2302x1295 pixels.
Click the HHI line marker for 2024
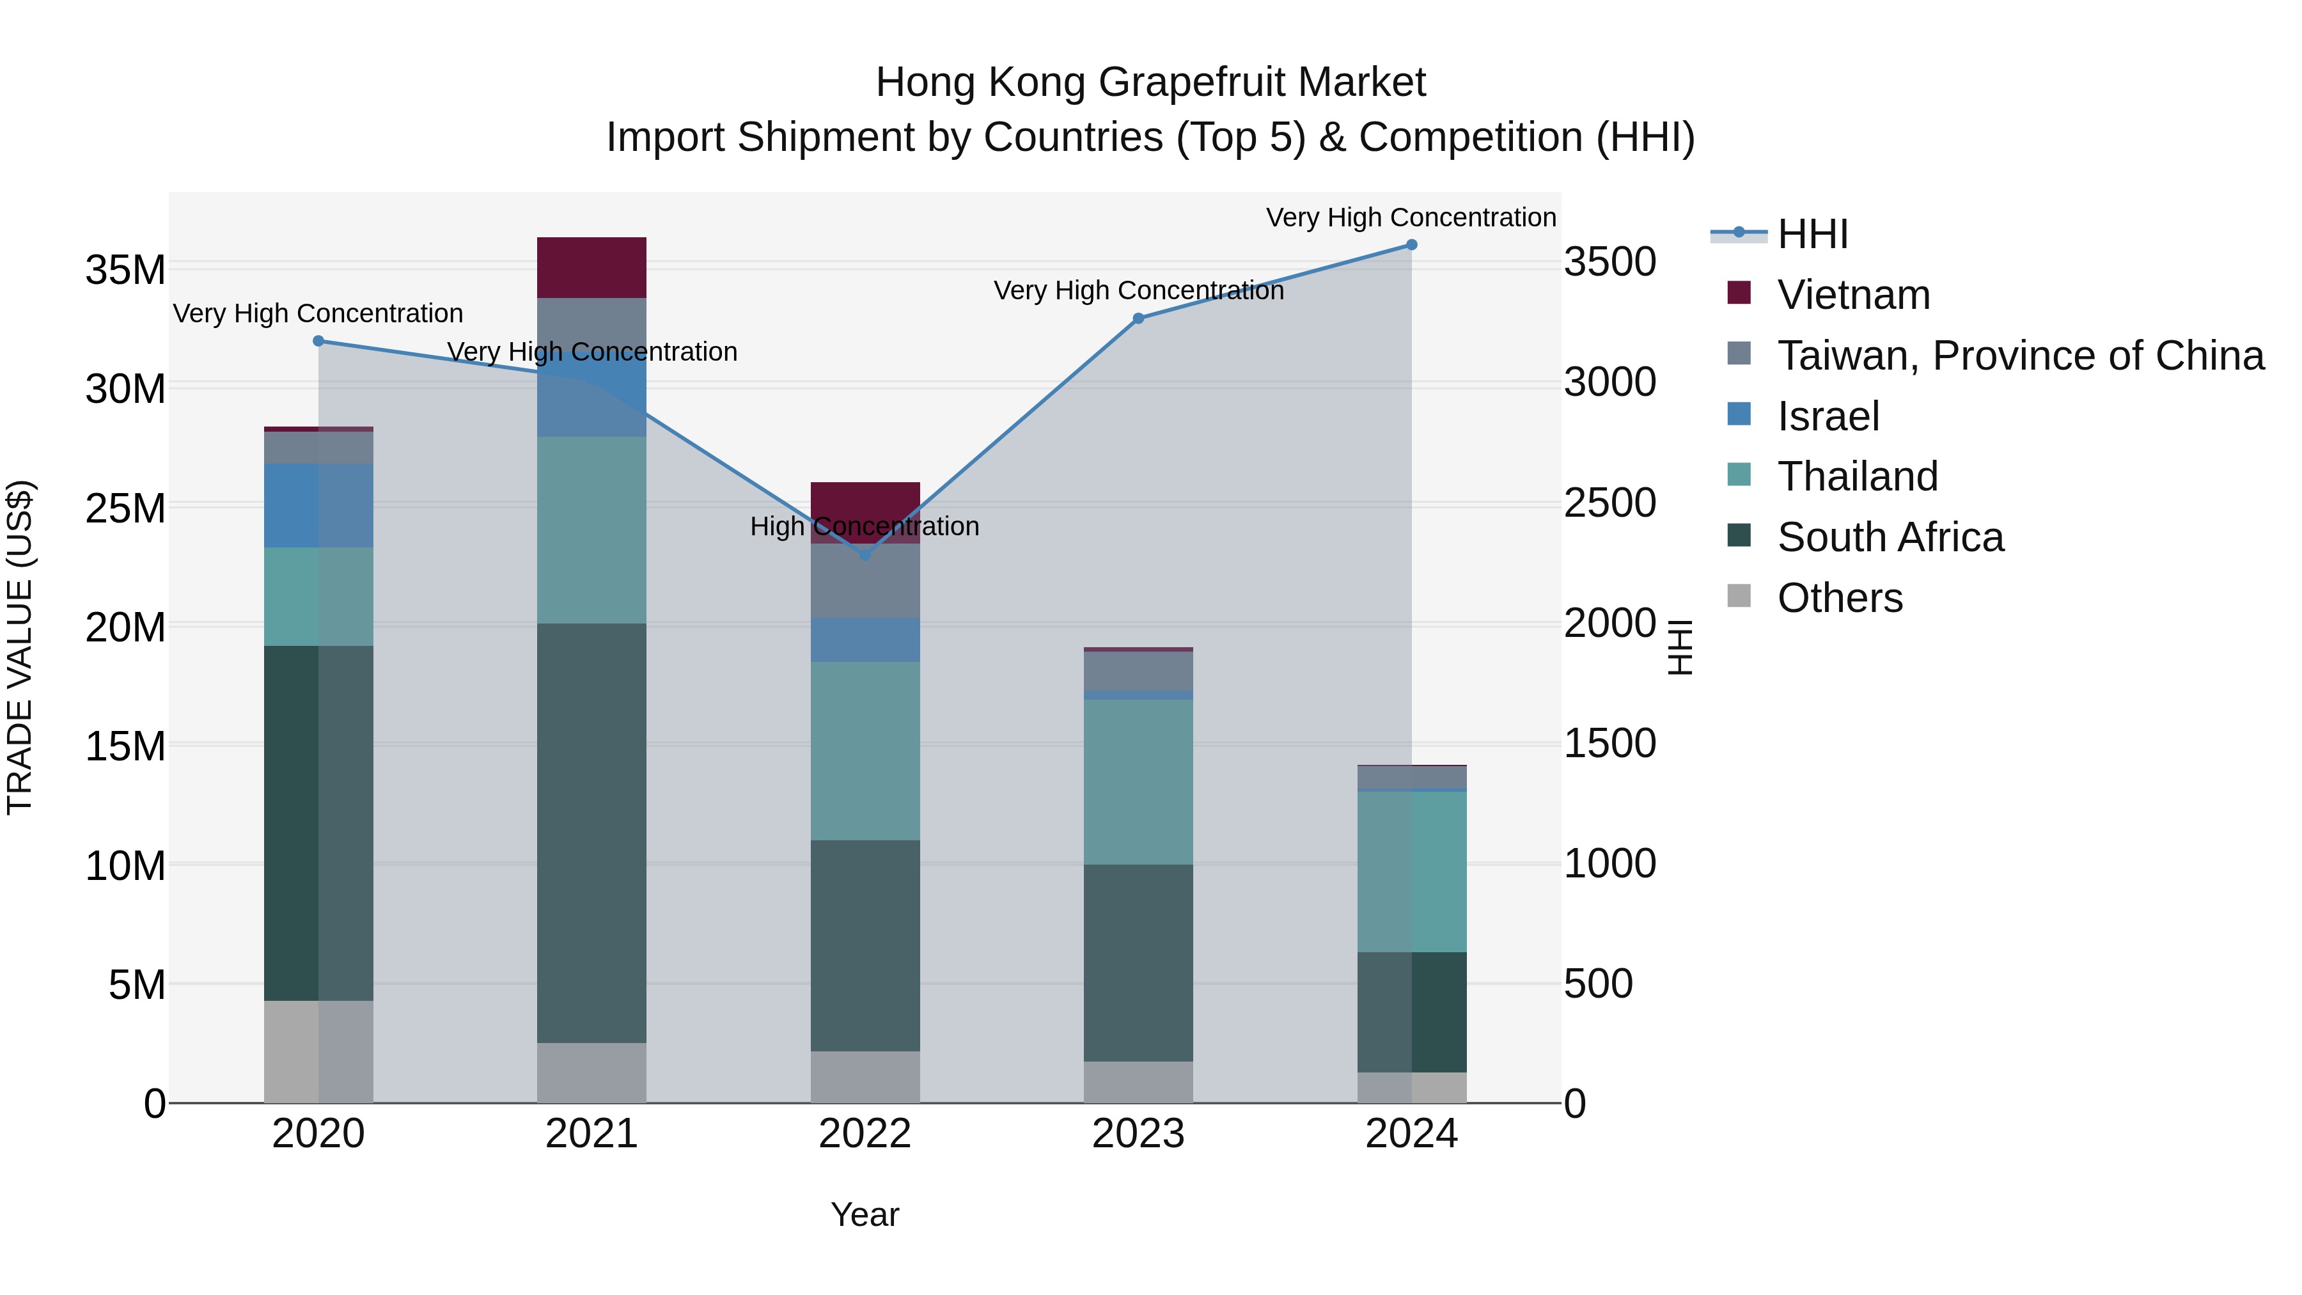click(1411, 245)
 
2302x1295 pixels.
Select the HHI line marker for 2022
click(864, 555)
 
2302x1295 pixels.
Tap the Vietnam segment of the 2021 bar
click(591, 267)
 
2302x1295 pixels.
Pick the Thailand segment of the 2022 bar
click(864, 751)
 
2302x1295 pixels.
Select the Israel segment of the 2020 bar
click(318, 505)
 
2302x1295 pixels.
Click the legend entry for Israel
click(1828, 416)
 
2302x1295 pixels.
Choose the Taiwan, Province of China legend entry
click(2019, 356)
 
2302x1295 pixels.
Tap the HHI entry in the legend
click(1812, 234)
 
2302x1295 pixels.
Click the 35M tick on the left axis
click(125, 270)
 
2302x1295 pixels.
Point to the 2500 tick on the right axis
click(1609, 503)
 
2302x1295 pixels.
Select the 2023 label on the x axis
click(1138, 1134)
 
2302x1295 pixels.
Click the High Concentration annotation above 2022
click(864, 526)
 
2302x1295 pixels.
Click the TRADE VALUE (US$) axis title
click(20, 647)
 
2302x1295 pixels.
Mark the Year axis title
click(864, 1214)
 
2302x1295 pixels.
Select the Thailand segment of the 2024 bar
click(1411, 872)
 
